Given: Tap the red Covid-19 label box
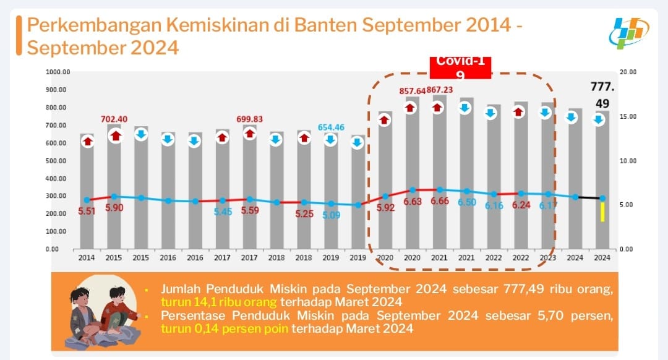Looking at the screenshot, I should pyautogui.click(x=461, y=67).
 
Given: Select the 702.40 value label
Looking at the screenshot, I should pyautogui.click(x=114, y=119).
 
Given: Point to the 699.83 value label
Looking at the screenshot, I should pyautogui.click(x=249, y=119).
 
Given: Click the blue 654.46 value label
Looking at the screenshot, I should pyautogui.click(x=331, y=127).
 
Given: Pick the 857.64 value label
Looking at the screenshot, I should pyautogui.click(x=411, y=91).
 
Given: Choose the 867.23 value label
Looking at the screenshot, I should pyautogui.click(x=440, y=90).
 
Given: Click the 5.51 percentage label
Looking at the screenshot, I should pyautogui.click(x=87, y=211).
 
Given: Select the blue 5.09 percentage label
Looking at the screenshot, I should pyautogui.click(x=330, y=216).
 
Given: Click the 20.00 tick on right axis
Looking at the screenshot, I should pyautogui.click(x=628, y=72).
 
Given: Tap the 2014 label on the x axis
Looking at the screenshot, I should pyautogui.click(x=87, y=257).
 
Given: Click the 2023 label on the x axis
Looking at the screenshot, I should pyautogui.click(x=547, y=257).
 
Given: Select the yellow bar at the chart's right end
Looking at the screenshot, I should pyautogui.click(x=602, y=212).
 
